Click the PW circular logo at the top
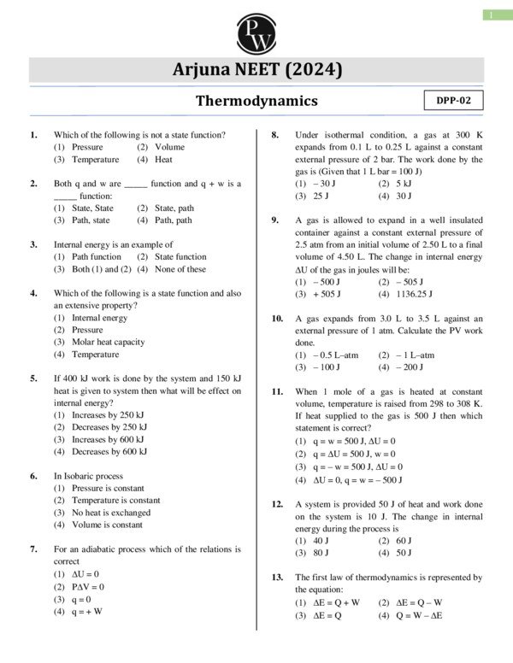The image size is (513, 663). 256,32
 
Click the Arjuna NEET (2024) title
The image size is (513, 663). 256,70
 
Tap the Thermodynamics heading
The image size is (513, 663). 256,101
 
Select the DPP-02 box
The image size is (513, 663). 453,100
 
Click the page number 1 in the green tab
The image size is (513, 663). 493,15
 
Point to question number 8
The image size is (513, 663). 275,135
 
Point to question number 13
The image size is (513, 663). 277,577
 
